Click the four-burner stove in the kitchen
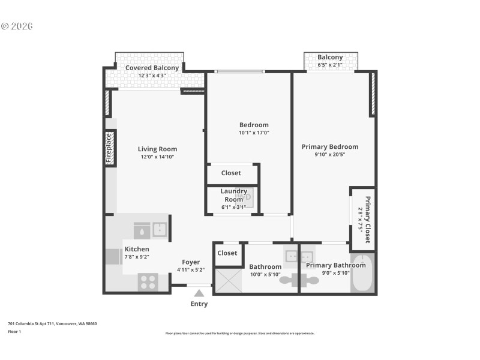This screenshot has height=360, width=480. pos(148,281)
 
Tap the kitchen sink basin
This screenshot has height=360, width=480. pos(160,229)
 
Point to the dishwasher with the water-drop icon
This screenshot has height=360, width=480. pos(142,229)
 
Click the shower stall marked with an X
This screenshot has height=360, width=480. pos(227,280)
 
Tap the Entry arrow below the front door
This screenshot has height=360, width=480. pos(199,293)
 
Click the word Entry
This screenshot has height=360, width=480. pos(199,304)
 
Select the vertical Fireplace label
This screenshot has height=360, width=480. pos(109,148)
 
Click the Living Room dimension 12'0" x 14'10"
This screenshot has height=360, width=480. pos(157,157)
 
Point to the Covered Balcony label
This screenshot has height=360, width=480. pos(152,68)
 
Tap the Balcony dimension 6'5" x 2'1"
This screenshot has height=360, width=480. pos(330,65)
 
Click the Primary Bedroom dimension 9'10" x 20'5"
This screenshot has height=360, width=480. pos(329,154)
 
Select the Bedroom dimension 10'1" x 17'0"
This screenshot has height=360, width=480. pos(254,133)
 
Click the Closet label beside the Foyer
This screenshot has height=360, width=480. pos(227,253)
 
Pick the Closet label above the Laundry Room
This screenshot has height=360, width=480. pos(231,173)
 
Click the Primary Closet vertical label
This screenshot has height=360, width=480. pos(365,219)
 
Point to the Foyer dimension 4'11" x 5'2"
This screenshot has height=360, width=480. pos(191,270)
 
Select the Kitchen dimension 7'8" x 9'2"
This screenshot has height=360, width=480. pos(137,257)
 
